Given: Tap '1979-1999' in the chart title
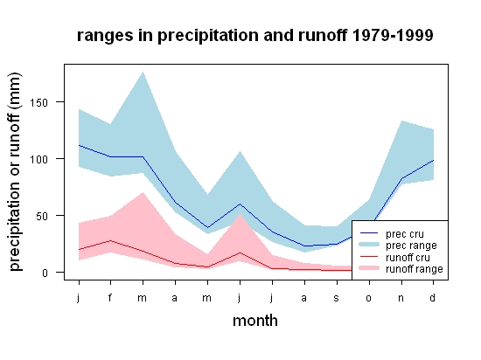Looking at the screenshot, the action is [393, 35].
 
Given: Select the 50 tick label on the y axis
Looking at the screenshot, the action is [42, 217].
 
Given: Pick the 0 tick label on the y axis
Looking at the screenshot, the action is [45, 273].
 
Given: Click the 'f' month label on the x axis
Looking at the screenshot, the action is [110, 297].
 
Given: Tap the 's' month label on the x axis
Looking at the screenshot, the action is [337, 298].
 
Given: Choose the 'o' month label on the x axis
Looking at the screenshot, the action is [369, 298].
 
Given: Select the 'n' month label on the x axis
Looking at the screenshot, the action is [401, 298].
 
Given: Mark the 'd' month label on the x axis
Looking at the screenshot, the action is [433, 297].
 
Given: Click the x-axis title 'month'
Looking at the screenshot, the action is [255, 321].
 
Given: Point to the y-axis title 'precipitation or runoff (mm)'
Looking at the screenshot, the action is [15, 171].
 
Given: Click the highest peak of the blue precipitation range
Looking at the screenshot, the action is [143, 72].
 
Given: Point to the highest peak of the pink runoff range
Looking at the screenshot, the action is [143, 192].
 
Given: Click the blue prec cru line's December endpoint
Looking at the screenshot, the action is [433, 160].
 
